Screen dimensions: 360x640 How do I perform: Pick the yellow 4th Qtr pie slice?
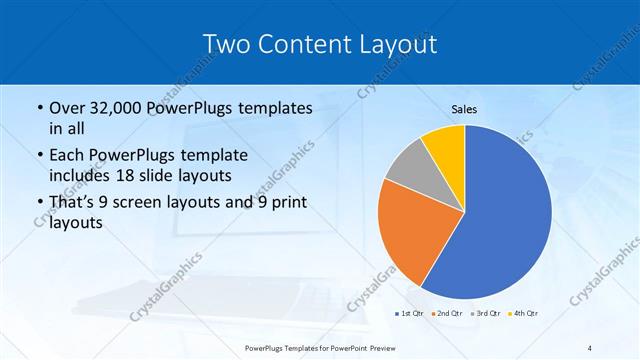click(443, 148)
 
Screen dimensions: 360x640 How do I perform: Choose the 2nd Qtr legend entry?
click(446, 313)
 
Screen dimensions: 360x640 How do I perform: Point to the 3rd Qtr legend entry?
click(485, 313)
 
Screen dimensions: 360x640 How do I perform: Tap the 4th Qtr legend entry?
click(524, 313)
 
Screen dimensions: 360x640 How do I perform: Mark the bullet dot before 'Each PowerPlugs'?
click(38, 157)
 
